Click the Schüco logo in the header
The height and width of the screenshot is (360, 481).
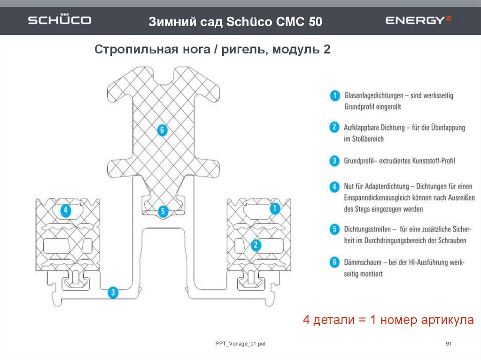[59, 21]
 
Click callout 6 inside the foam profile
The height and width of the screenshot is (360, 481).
[162, 130]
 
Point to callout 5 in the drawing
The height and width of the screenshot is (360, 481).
[163, 212]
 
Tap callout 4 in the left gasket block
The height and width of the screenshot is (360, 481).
[66, 210]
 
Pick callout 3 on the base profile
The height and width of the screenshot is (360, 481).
[113, 293]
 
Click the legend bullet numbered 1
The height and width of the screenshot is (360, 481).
[334, 95]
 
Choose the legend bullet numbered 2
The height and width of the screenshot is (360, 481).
[334, 127]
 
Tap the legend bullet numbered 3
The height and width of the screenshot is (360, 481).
[334, 161]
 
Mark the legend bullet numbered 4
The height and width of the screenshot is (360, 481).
[334, 186]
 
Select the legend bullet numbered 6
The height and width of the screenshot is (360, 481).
[334, 262]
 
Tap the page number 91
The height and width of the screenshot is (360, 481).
[448, 345]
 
